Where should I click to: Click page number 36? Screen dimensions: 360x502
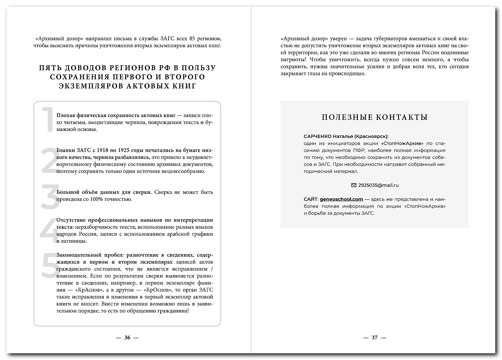(x=127, y=338)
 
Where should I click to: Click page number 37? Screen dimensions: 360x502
(x=375, y=338)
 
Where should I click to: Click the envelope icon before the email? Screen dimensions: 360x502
(x=354, y=185)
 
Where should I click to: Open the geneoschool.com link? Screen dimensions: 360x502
(x=341, y=199)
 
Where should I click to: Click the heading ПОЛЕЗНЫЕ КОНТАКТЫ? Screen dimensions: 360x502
(x=375, y=117)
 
